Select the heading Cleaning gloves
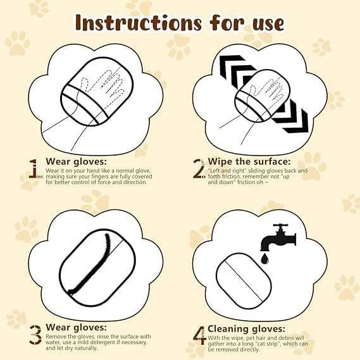tap(246, 328)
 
